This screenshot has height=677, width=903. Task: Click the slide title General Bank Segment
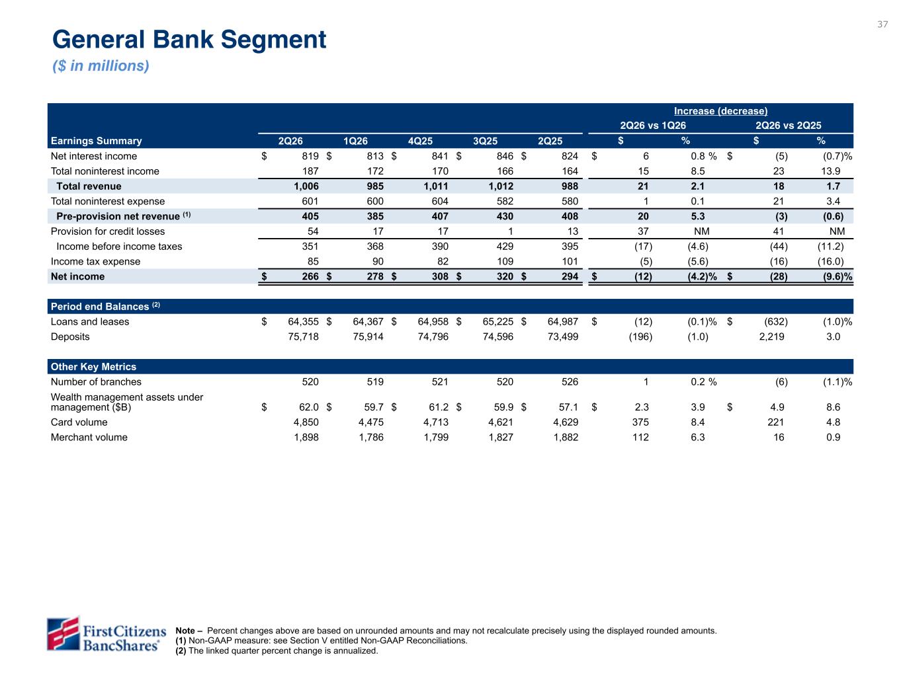189,40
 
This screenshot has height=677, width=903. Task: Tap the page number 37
882,24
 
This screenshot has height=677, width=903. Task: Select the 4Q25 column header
419,141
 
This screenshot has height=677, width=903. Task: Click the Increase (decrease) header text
720,111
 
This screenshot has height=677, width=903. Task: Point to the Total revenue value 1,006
306,186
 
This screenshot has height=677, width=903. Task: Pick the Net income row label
77,276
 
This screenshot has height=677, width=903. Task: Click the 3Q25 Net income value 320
504,276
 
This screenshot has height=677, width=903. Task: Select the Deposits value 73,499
562,337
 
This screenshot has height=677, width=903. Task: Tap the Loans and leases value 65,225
497,321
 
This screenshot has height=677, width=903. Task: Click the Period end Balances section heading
105,306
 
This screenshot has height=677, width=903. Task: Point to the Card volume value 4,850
306,422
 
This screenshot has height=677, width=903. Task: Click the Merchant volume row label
89,437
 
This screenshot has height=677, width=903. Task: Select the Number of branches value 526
570,382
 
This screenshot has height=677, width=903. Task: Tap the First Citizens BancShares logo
107,635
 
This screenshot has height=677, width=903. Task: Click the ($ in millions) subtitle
101,65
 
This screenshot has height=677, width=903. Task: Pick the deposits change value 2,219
771,337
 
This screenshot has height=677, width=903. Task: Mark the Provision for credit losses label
107,231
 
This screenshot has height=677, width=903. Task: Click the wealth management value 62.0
308,407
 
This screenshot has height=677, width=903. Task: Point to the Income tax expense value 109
504,261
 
